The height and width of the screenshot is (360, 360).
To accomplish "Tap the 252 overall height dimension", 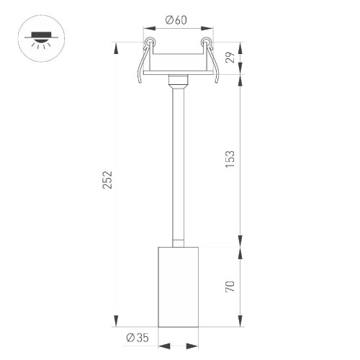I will (x=107, y=180).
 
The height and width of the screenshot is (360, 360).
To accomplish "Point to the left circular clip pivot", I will (x=149, y=42).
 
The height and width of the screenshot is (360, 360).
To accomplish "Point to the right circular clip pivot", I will (x=205, y=42).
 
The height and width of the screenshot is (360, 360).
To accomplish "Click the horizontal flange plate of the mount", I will (x=176, y=73).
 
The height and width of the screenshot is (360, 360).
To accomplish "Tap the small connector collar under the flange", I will (x=176, y=81).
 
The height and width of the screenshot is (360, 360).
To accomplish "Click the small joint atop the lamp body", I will (x=176, y=241).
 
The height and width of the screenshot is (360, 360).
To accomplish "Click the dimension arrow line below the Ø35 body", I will (x=176, y=346).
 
